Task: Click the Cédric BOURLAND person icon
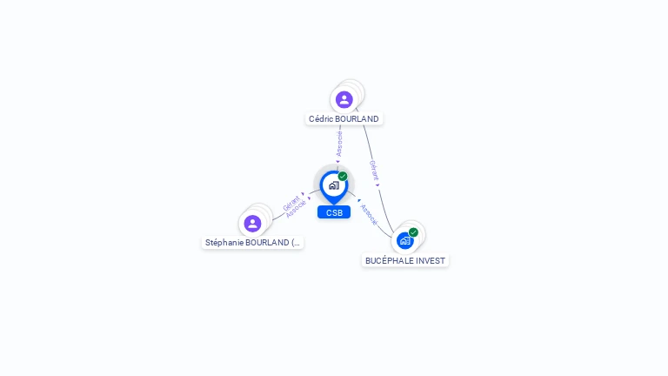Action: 344,99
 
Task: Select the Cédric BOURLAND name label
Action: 344,118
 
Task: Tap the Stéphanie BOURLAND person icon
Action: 253,224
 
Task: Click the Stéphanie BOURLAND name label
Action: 253,243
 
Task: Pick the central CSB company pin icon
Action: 333,185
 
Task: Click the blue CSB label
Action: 334,212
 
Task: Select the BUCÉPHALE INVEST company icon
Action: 404,240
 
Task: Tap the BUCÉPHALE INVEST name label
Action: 405,260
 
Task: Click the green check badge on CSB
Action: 343,177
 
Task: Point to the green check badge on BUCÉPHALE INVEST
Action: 413,232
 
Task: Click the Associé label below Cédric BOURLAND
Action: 339,143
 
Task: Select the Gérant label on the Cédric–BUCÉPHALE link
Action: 373,169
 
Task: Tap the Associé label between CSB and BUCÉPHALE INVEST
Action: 369,214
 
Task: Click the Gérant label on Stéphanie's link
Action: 291,204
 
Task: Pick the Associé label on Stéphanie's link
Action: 296,210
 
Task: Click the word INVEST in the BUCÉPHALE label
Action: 431,260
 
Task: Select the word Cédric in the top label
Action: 322,118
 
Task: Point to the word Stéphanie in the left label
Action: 224,243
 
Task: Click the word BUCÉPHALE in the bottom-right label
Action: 389,260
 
